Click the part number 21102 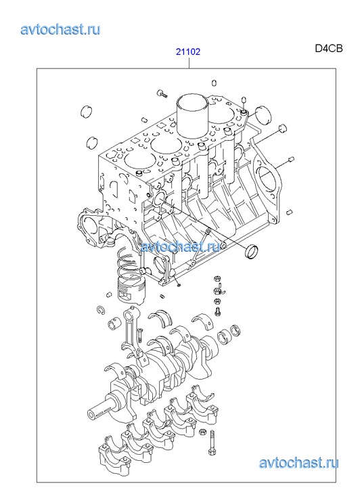pyautogui.click(x=187, y=51)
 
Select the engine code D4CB pyautogui.click(x=329, y=49)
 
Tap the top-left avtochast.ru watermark pyautogui.click(x=60, y=29)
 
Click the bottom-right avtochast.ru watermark pyautogui.click(x=298, y=463)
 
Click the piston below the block pyautogui.click(x=132, y=290)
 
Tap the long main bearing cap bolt pyautogui.click(x=212, y=443)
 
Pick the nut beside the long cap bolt pyautogui.click(x=203, y=432)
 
